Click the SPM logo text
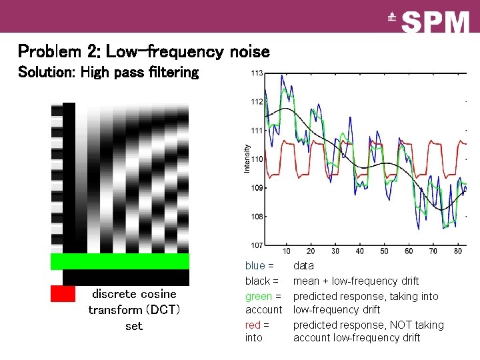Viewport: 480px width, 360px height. click(436, 22)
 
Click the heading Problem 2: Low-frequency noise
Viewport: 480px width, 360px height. click(143, 51)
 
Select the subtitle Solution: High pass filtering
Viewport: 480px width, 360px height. click(108, 72)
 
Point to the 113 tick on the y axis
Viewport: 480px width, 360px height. click(257, 73)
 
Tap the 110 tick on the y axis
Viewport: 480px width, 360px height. click(257, 159)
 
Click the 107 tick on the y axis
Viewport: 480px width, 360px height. click(257, 245)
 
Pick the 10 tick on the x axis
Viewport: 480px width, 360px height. click(286, 251)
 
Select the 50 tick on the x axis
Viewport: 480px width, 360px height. click(384, 251)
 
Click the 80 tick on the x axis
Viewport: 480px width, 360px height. click(457, 251)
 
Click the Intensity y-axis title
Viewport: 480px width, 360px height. click(247, 159)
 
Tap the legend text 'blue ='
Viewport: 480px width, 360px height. click(259, 266)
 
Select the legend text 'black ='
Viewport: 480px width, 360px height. click(261, 281)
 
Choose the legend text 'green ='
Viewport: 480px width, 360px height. click(263, 296)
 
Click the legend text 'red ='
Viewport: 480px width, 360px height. click(257, 325)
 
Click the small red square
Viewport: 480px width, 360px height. click(63, 293)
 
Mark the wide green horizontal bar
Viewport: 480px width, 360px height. click(120, 261)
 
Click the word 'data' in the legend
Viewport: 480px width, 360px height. click(303, 266)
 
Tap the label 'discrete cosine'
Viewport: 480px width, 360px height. click(134, 294)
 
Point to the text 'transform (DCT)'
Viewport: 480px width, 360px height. click(134, 310)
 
